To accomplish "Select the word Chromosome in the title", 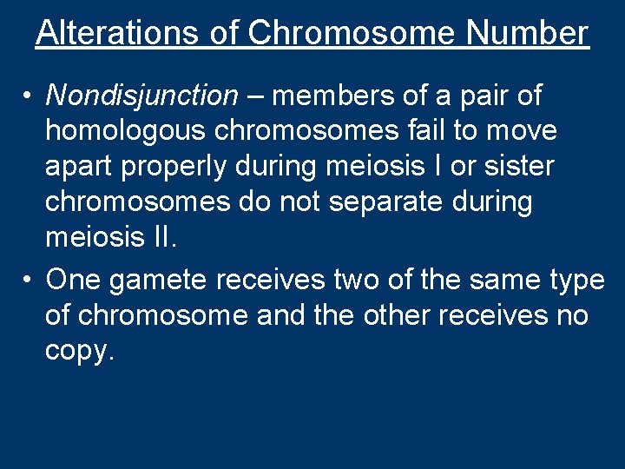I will (x=351, y=33).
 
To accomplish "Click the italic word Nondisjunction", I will (x=141, y=95).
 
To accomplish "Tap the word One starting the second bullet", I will (x=71, y=281).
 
